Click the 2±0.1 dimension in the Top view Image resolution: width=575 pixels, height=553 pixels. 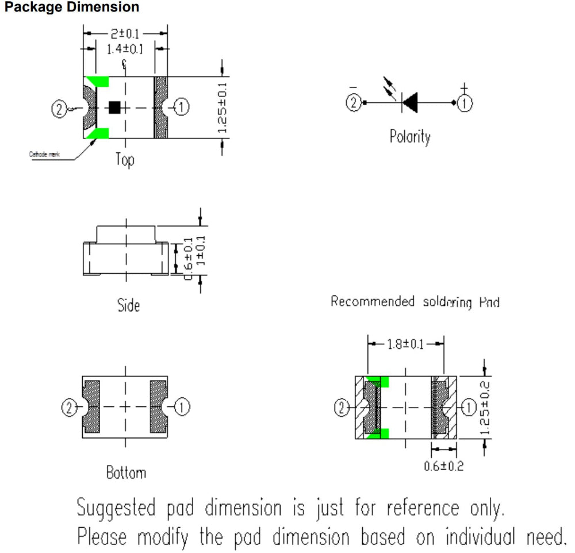[125, 33]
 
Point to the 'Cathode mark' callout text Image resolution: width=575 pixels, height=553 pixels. [44, 153]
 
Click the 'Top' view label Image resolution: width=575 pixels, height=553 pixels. [124, 159]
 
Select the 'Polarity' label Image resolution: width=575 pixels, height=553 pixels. [409, 137]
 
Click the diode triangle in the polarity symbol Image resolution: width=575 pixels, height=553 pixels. [409, 103]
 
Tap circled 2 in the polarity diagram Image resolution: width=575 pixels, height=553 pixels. [354, 103]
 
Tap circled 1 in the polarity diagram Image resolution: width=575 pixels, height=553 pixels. [465, 103]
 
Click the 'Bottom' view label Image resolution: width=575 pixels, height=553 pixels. [126, 473]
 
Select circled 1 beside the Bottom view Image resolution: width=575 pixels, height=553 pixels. [182, 408]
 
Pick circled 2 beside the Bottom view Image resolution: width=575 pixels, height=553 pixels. [70, 408]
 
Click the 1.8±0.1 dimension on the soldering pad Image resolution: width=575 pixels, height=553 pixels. [406, 344]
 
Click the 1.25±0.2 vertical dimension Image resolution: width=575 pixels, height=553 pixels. [484, 408]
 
